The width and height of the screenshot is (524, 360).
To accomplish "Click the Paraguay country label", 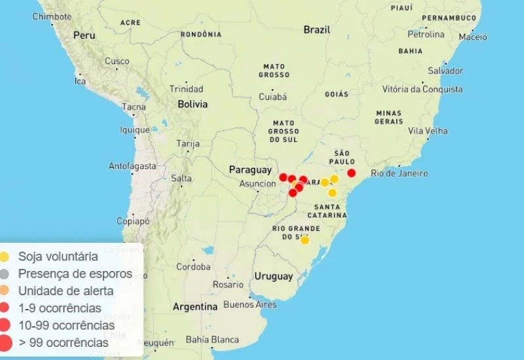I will pos(250,170).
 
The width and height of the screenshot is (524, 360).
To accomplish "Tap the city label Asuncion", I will pos(257,184).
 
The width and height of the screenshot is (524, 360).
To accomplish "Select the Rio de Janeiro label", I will pos(399,173).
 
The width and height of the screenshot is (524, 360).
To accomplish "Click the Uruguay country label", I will pos(274,276).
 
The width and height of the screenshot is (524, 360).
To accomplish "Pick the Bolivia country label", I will pos(193,104).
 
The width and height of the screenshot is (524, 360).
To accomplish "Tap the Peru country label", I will pos(84,35).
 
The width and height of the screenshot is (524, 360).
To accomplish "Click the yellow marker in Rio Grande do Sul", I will pos(305,240).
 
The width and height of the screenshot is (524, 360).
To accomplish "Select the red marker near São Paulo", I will pos(351,173).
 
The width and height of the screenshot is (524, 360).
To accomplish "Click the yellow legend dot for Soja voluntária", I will pos(5,257).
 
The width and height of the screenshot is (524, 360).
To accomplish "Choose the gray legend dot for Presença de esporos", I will pos(5,274).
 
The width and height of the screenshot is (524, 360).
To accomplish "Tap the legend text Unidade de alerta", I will pos(65,291).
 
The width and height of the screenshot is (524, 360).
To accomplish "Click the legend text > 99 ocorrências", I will pos(64,342).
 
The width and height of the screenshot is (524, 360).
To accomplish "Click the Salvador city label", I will pos(445,71).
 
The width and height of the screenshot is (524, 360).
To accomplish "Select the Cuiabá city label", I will pos(272,97).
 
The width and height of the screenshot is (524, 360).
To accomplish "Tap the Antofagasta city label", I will pos(132,166).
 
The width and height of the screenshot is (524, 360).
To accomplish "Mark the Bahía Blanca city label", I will pos(212,340).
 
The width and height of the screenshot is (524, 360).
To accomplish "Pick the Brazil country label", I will pos(317,30).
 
